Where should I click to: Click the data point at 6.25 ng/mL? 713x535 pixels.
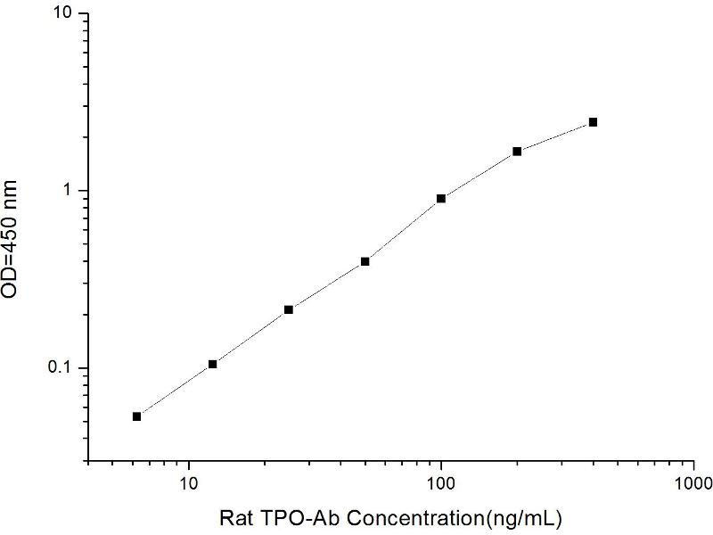[136, 416]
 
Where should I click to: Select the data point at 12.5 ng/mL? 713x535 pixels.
[212, 364]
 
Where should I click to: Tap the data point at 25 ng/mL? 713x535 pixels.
[289, 309]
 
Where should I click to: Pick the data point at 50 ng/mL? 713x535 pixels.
[365, 261]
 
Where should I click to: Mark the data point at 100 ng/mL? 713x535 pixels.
[441, 198]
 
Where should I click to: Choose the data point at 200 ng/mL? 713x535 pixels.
[517, 152]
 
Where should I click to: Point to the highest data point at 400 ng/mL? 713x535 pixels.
[593, 122]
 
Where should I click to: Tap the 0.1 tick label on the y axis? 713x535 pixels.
[65, 368]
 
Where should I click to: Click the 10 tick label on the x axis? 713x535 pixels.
[189, 483]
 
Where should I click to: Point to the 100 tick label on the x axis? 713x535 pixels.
[441, 483]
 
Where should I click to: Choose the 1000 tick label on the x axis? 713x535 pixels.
[693, 483]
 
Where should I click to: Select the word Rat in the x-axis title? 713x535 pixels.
[236, 516]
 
